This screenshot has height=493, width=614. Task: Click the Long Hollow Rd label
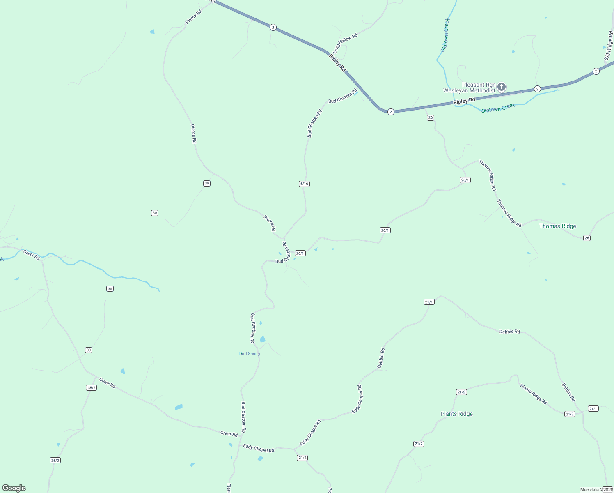[x=345, y=43]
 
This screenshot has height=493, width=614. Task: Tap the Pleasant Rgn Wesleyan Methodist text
[x=470, y=88]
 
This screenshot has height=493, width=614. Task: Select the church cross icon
[x=502, y=87]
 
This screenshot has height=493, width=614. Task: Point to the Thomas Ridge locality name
[x=557, y=226]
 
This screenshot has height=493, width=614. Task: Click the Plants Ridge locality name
[x=456, y=414]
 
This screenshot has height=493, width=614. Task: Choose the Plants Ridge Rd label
[x=533, y=394]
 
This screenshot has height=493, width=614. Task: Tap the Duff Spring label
[x=250, y=354]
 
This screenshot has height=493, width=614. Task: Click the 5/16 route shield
[x=304, y=184]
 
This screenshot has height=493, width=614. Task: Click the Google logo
[x=14, y=488]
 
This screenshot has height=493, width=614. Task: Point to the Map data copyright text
[x=596, y=490]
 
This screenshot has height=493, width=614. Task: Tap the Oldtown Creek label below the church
[x=498, y=108]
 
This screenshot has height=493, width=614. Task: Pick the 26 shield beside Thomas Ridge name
[x=587, y=238]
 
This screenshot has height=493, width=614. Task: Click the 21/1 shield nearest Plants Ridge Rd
[x=593, y=408]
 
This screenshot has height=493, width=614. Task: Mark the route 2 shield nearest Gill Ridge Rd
[x=596, y=71]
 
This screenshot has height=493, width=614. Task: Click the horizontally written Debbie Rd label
[x=509, y=332]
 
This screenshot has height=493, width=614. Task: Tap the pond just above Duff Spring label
[x=263, y=339]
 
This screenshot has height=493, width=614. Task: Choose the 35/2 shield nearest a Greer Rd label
[x=92, y=387]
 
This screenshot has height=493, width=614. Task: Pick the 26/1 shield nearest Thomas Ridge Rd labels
[x=465, y=180]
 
